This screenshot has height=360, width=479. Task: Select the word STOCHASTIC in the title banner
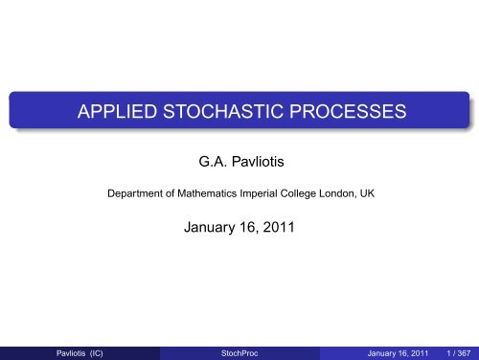pos(220,112)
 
